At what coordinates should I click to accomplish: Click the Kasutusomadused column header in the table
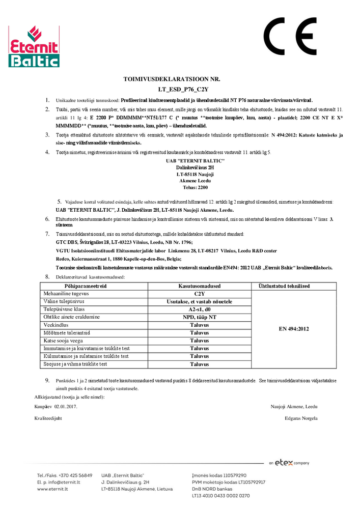(x=199, y=287)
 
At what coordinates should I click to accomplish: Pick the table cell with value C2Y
(x=199, y=294)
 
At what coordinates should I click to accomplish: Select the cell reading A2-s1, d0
(x=199, y=309)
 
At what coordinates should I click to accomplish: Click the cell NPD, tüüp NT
(x=199, y=317)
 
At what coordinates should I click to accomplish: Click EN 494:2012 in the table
(x=294, y=329)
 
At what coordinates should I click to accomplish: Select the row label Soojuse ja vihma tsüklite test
(x=75, y=364)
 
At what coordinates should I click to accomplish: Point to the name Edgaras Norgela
(x=301, y=418)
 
